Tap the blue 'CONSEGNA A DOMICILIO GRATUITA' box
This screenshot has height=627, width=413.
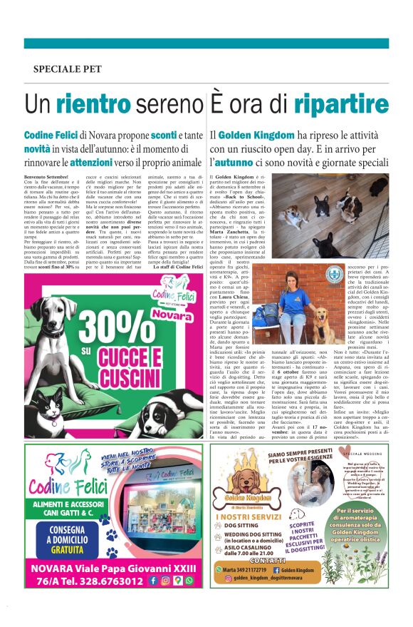pyautogui.click(x=61, y=536)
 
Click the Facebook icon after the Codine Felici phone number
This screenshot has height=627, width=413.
pyautogui.click(x=153, y=580)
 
